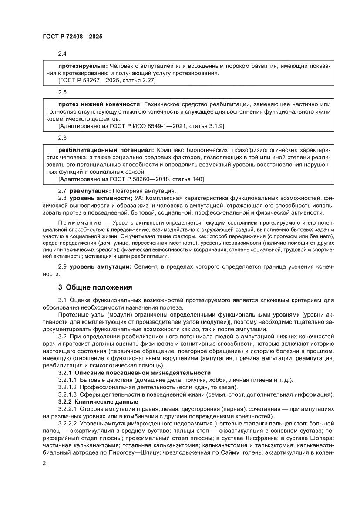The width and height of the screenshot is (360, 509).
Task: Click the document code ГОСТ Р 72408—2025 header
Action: tap(72, 37)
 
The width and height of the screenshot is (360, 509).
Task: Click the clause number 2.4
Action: tap(62, 54)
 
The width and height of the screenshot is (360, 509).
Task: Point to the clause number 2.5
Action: tap(62, 92)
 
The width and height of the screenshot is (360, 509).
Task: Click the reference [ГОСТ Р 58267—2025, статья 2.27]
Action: tap(107, 81)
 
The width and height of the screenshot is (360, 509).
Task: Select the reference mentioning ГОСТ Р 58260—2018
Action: tap(131, 179)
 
